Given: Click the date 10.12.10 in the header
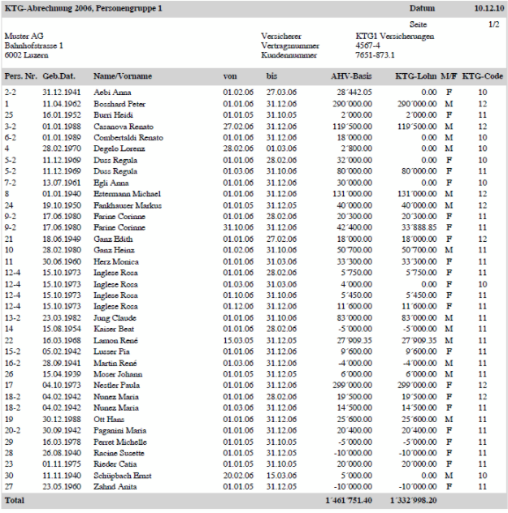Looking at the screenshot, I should click(487, 8).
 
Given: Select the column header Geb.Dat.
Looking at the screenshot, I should click(59, 75).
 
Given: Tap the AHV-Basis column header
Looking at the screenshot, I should click(350, 75).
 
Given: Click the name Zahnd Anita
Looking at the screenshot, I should click(113, 486).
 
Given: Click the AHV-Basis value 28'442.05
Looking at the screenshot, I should click(353, 93).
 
